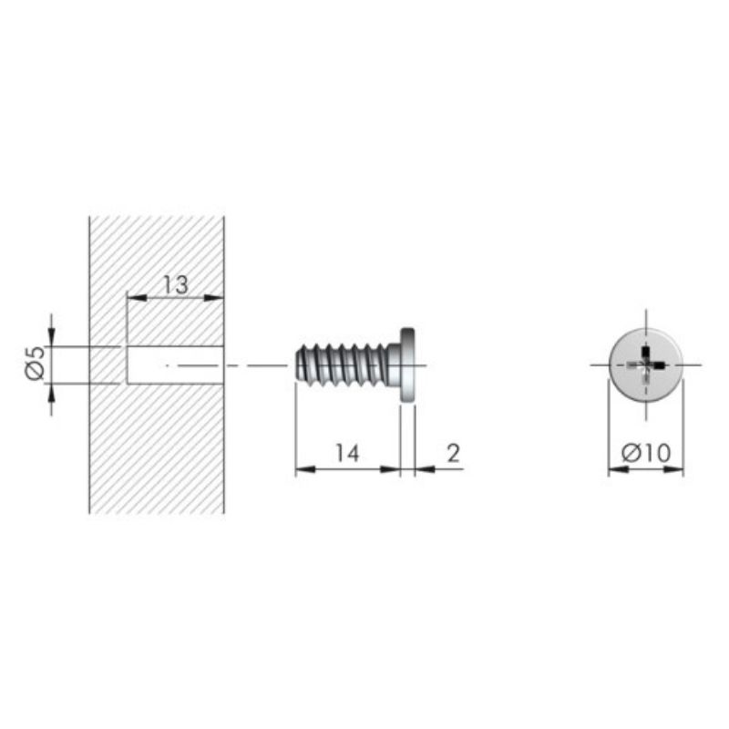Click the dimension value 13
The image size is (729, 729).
[x=176, y=284]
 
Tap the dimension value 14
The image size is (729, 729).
[x=347, y=453]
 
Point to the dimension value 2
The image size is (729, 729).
[x=453, y=453]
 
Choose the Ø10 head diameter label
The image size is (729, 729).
[x=646, y=453]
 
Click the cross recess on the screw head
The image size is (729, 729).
[x=646, y=365]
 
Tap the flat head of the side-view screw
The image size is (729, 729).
[x=407, y=365]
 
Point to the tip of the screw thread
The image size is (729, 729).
[x=297, y=365]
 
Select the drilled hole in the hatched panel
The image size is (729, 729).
[x=175, y=365]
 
